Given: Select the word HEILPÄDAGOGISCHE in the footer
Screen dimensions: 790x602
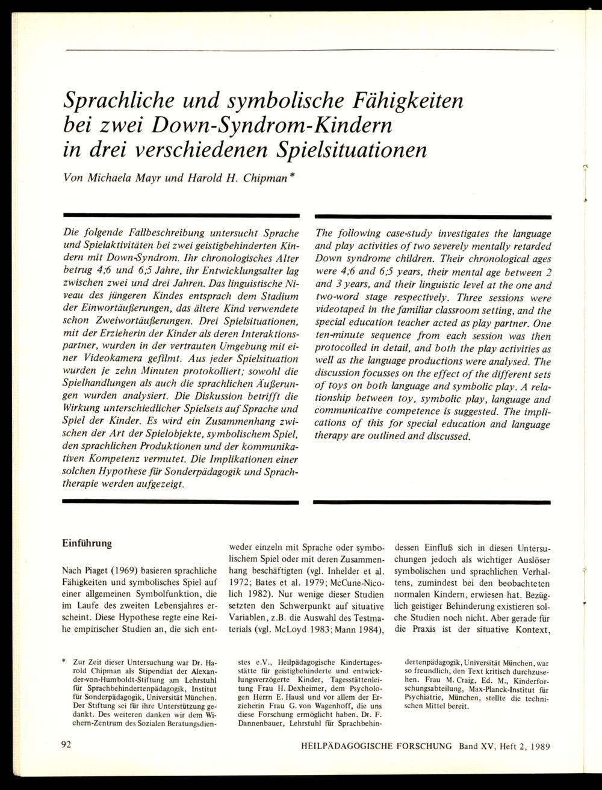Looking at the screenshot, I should tap(354, 745).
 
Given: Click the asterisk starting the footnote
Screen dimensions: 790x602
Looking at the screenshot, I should tap(64, 661).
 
